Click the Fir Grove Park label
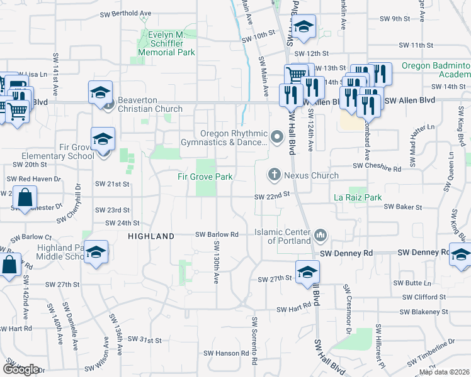click(205, 177)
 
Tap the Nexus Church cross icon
click(274, 174)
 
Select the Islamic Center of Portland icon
click(321, 236)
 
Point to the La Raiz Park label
click(358, 197)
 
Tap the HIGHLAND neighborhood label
click(151, 236)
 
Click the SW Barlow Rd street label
click(217, 234)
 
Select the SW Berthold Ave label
click(126, 13)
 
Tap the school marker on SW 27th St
click(307, 271)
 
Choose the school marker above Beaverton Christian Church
click(100, 92)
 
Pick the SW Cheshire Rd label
click(377, 168)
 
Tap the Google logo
click(21, 369)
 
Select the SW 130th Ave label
click(215, 263)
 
